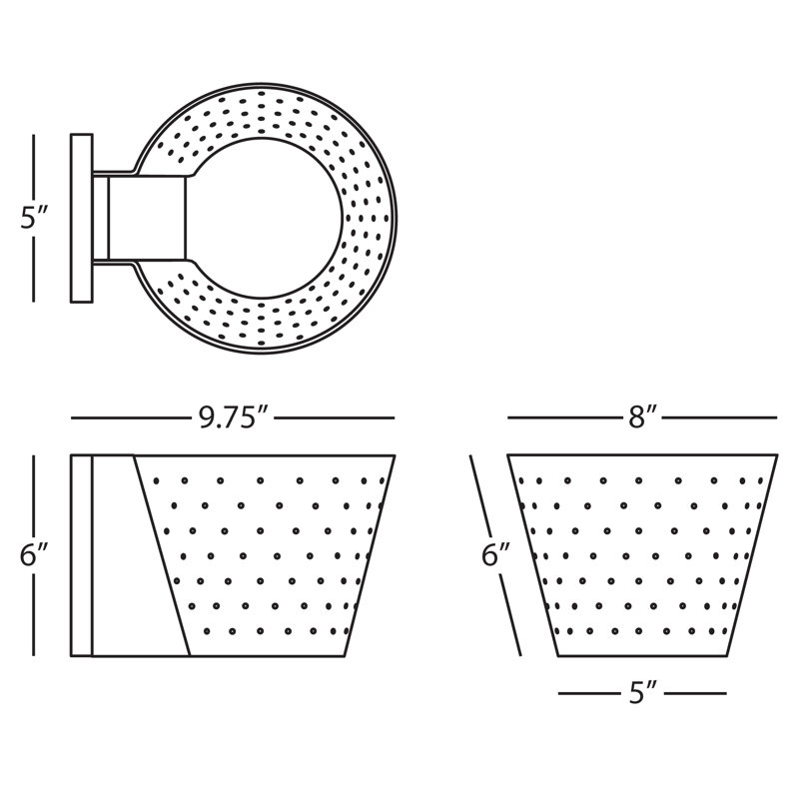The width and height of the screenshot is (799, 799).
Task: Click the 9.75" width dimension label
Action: pos(233,417)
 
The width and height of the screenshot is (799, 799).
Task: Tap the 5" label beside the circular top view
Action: pos(34,218)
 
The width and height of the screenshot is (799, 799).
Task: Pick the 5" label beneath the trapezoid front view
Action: pos(642,693)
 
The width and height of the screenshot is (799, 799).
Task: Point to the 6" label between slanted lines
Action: pos(495,554)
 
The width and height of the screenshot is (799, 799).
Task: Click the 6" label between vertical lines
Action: pos(34,554)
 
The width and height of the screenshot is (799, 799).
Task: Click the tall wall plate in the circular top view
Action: pos(82,218)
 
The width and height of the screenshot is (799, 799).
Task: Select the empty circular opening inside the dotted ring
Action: pos(265,218)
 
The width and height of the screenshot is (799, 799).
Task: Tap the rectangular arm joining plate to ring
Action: pos(147,218)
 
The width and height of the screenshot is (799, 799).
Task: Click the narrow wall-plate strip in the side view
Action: pos(81,555)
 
